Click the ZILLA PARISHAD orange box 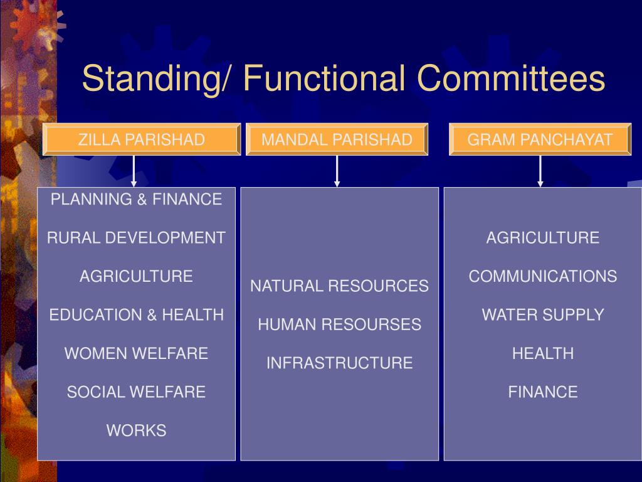click(x=142, y=139)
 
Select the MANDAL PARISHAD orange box click(x=337, y=139)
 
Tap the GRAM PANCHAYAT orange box click(x=540, y=139)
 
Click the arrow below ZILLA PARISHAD click(x=134, y=171)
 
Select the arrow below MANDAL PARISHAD click(x=337, y=171)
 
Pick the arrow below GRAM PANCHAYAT click(x=540, y=171)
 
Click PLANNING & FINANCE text click(x=136, y=200)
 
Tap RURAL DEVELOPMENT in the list click(x=136, y=238)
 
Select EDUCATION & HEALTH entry click(x=136, y=315)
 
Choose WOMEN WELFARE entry click(x=136, y=353)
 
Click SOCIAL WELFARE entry click(x=136, y=392)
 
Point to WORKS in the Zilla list click(x=136, y=431)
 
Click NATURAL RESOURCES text click(x=339, y=286)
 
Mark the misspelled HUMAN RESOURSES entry click(x=339, y=324)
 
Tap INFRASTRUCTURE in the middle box click(x=339, y=363)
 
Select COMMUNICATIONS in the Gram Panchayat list click(x=542, y=276)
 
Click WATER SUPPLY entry click(x=542, y=315)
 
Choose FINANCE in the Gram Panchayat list click(x=542, y=392)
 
